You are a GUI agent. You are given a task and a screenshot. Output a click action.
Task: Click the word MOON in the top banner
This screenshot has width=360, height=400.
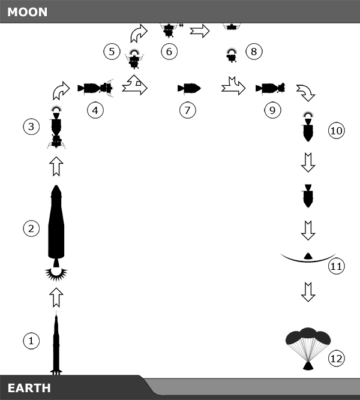point(28,12)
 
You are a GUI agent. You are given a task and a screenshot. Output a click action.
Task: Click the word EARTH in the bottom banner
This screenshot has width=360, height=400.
point(29,388)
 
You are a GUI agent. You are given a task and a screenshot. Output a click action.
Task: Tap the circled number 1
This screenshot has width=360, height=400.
point(31,341)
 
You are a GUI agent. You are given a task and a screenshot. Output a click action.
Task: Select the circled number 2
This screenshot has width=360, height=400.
point(31,228)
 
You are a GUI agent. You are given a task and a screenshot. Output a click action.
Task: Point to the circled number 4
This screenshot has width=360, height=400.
point(95,110)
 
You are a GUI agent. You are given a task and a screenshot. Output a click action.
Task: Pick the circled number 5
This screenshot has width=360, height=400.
point(112,52)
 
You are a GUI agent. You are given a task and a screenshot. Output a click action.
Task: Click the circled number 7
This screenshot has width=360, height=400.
point(188,110)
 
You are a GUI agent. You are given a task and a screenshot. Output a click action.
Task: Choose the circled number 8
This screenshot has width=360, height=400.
point(254,52)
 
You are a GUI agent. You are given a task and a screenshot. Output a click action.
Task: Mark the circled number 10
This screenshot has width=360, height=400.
point(336,131)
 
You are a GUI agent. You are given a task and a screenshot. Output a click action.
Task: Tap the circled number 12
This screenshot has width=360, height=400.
point(336,359)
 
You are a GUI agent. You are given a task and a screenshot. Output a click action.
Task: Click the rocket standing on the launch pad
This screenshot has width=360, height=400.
point(56,343)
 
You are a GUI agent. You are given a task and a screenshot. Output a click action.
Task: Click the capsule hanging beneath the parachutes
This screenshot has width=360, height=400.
point(308,366)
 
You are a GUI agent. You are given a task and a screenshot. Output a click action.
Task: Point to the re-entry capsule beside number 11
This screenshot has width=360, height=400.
point(308,256)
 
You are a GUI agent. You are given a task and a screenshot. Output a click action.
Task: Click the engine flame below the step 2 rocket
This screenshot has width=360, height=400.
point(56,274)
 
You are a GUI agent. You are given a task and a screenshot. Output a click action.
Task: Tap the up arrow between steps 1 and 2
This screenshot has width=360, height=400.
point(56,297)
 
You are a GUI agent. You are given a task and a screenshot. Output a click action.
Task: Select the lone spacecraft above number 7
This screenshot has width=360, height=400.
point(189,89)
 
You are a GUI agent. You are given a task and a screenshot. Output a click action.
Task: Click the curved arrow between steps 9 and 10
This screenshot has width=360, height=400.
point(306,93)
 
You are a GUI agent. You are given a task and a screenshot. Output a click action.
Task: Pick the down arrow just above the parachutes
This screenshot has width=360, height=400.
point(308,292)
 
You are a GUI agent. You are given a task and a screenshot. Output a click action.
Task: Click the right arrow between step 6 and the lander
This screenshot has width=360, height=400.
point(200,31)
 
